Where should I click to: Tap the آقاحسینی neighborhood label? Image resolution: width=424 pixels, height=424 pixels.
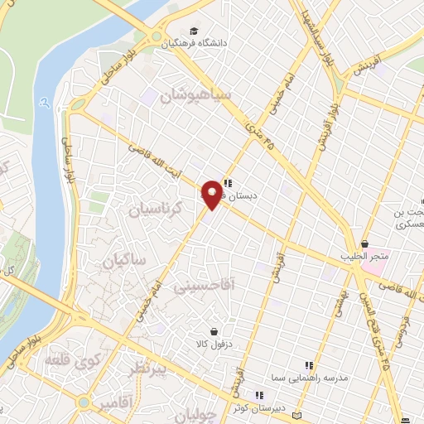(205, 286)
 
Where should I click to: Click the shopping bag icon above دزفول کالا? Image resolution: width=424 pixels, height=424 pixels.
(214, 331)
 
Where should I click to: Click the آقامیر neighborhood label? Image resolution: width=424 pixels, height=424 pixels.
(116, 403)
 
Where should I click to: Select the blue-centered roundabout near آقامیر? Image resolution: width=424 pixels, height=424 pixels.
(84, 402)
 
